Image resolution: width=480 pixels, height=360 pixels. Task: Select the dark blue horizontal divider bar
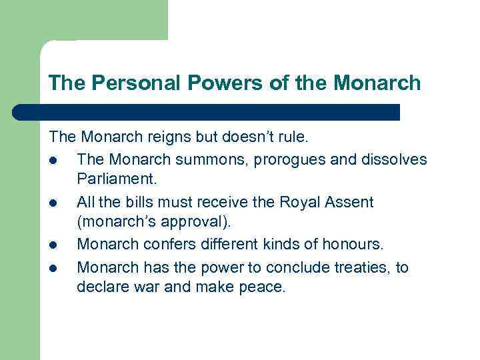pyautogui.click(x=207, y=112)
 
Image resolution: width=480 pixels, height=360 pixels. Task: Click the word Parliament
pyautogui.click(x=115, y=181)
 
